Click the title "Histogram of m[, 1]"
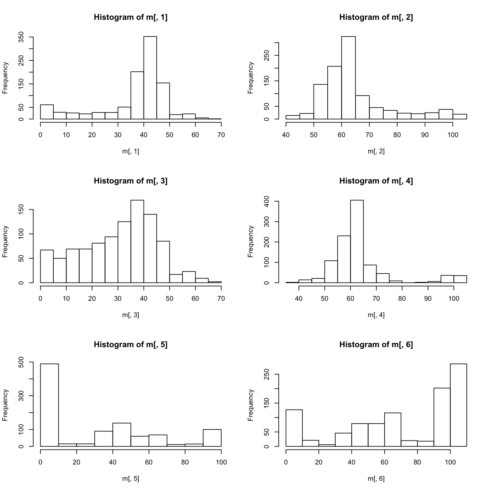pos(130,17)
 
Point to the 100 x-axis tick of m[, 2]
pos(453,135)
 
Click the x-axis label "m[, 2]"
pos(376,151)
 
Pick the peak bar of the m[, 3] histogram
pos(137,241)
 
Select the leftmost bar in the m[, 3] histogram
pos(47,266)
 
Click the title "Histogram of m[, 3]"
pos(130,181)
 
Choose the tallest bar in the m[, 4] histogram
pos(357,241)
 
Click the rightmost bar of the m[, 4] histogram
pos(460,279)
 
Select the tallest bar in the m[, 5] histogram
pos(49,405)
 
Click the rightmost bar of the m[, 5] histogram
pos(212,438)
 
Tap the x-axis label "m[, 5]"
pos(130,479)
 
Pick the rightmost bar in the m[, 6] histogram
pos(458,405)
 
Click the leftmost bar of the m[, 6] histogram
pos(294,428)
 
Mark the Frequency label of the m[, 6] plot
pos(251,405)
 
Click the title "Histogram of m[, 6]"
pos(376,345)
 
